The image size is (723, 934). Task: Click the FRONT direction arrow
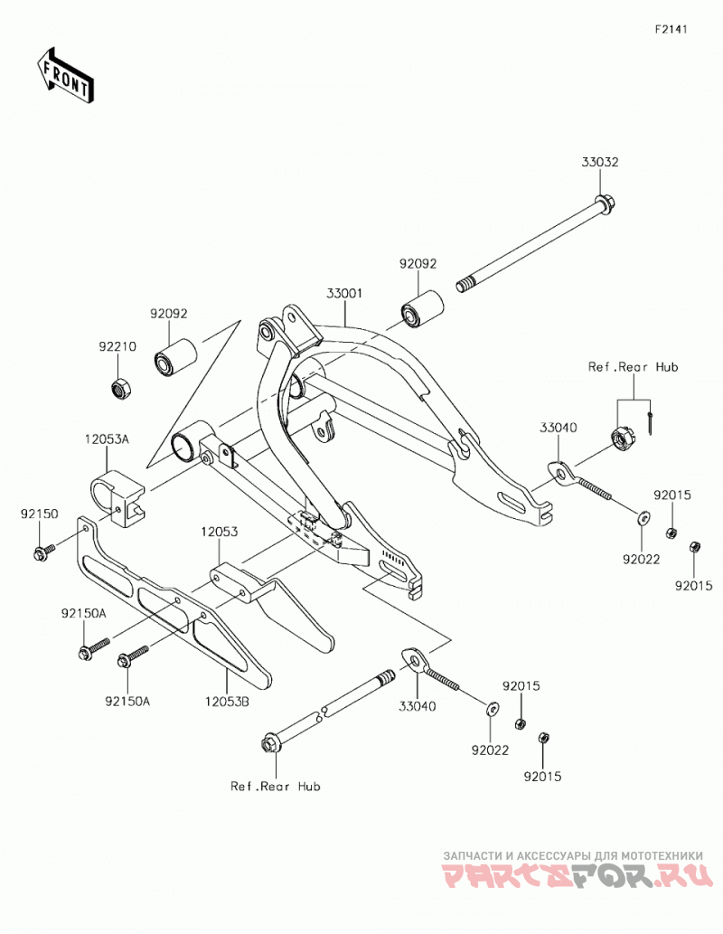(65, 74)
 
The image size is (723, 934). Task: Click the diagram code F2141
(671, 29)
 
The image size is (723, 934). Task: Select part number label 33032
(600, 162)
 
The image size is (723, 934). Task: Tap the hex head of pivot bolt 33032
(605, 206)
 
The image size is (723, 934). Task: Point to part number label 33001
(344, 294)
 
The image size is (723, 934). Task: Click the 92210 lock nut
(121, 389)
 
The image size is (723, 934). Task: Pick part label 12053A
(108, 439)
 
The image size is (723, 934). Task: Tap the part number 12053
(220, 532)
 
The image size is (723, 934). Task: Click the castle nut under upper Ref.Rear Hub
(622, 439)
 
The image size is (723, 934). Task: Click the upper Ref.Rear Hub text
(633, 367)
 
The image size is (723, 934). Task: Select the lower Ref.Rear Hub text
(275, 787)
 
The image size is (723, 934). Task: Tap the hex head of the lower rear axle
(269, 745)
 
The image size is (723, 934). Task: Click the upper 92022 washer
(643, 517)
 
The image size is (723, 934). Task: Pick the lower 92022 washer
(492, 709)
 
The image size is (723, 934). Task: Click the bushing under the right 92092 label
(421, 308)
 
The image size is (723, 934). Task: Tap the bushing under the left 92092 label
(174, 358)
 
